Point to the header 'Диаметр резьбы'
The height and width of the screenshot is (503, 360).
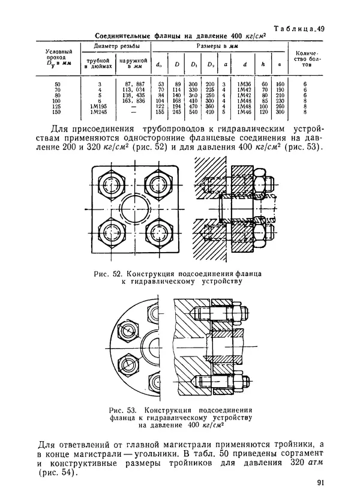116,46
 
